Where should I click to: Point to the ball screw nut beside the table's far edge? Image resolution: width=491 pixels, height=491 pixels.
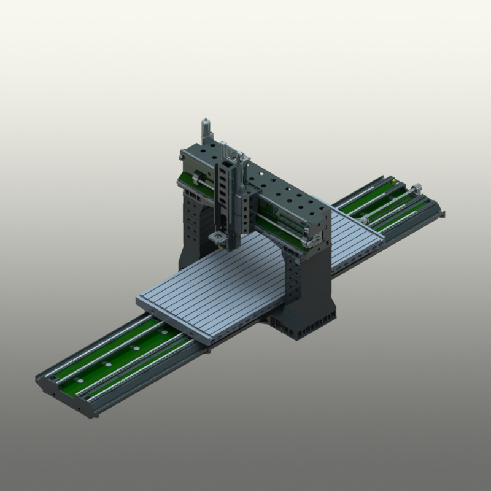(365, 218)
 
